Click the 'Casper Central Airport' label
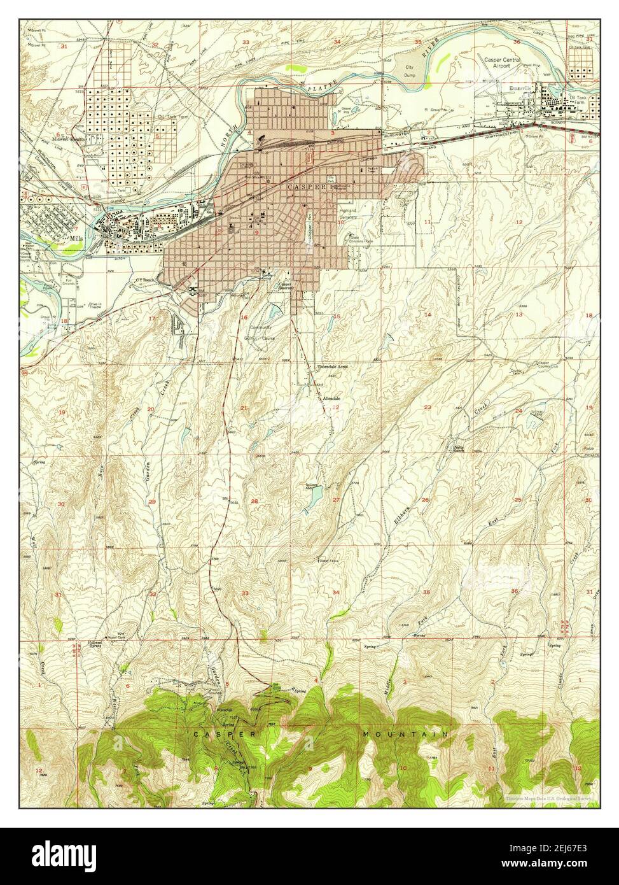pyautogui.click(x=502, y=62)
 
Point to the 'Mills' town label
pyautogui.click(x=79, y=236)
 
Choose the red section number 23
pyautogui.click(x=428, y=407)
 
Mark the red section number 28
pyautogui.click(x=254, y=502)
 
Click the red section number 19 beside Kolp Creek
pyautogui.click(x=62, y=413)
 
